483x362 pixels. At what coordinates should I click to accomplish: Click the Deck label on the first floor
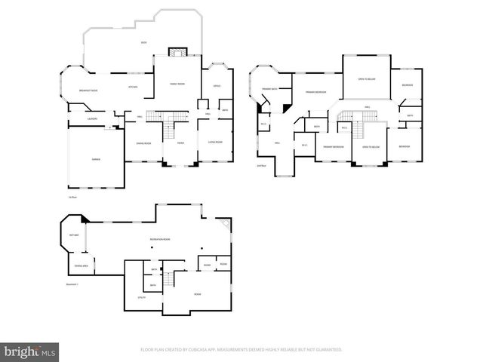143,42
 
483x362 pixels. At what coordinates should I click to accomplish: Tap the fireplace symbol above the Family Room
176,52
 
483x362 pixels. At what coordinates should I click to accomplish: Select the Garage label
97,159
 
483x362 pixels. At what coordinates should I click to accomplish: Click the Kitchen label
133,87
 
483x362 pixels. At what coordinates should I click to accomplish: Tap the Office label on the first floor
217,85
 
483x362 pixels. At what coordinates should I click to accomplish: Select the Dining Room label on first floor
143,143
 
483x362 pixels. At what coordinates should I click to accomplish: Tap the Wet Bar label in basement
73,235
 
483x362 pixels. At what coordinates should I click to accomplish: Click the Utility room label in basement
141,298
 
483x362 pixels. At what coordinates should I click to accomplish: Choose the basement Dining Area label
79,265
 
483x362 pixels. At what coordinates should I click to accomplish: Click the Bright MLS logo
30,351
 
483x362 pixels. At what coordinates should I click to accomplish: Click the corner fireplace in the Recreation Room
225,224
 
